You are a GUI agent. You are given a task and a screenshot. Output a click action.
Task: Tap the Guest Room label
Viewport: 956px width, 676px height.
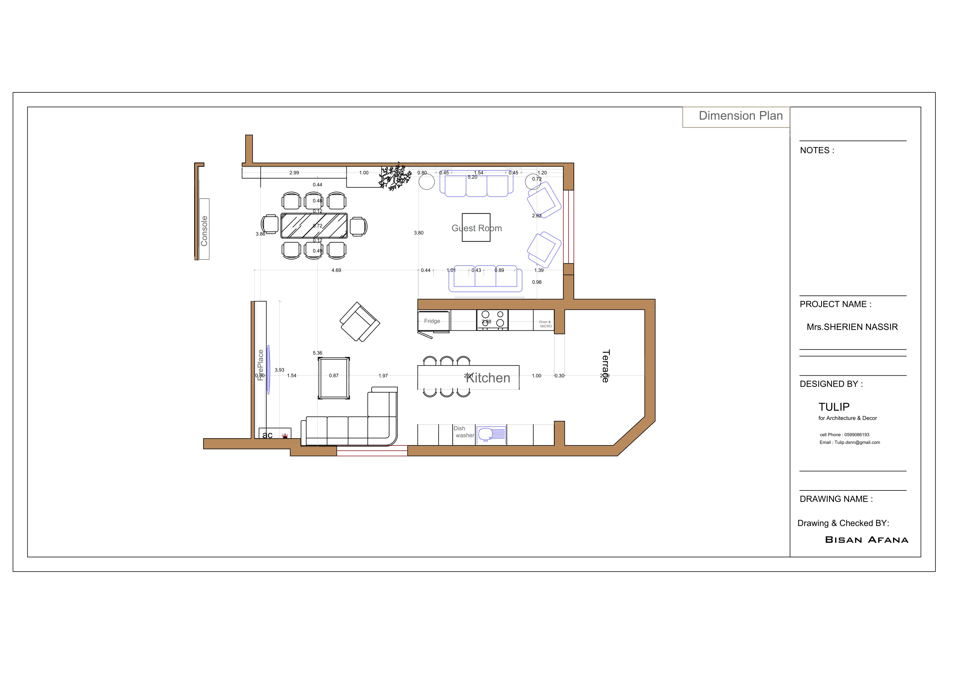(x=476, y=228)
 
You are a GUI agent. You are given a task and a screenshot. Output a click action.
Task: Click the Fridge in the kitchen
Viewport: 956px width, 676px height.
(x=432, y=321)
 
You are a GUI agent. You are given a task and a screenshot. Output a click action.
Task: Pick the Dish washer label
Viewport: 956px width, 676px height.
(x=463, y=432)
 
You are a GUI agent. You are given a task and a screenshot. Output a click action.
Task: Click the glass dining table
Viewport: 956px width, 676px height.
(x=314, y=225)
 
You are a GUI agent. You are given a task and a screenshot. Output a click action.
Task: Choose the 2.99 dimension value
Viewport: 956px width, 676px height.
(x=294, y=173)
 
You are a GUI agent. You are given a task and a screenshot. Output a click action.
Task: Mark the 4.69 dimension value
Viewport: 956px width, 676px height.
(x=336, y=270)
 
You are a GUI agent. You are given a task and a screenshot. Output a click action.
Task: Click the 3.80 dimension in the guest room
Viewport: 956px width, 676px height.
(x=418, y=233)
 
